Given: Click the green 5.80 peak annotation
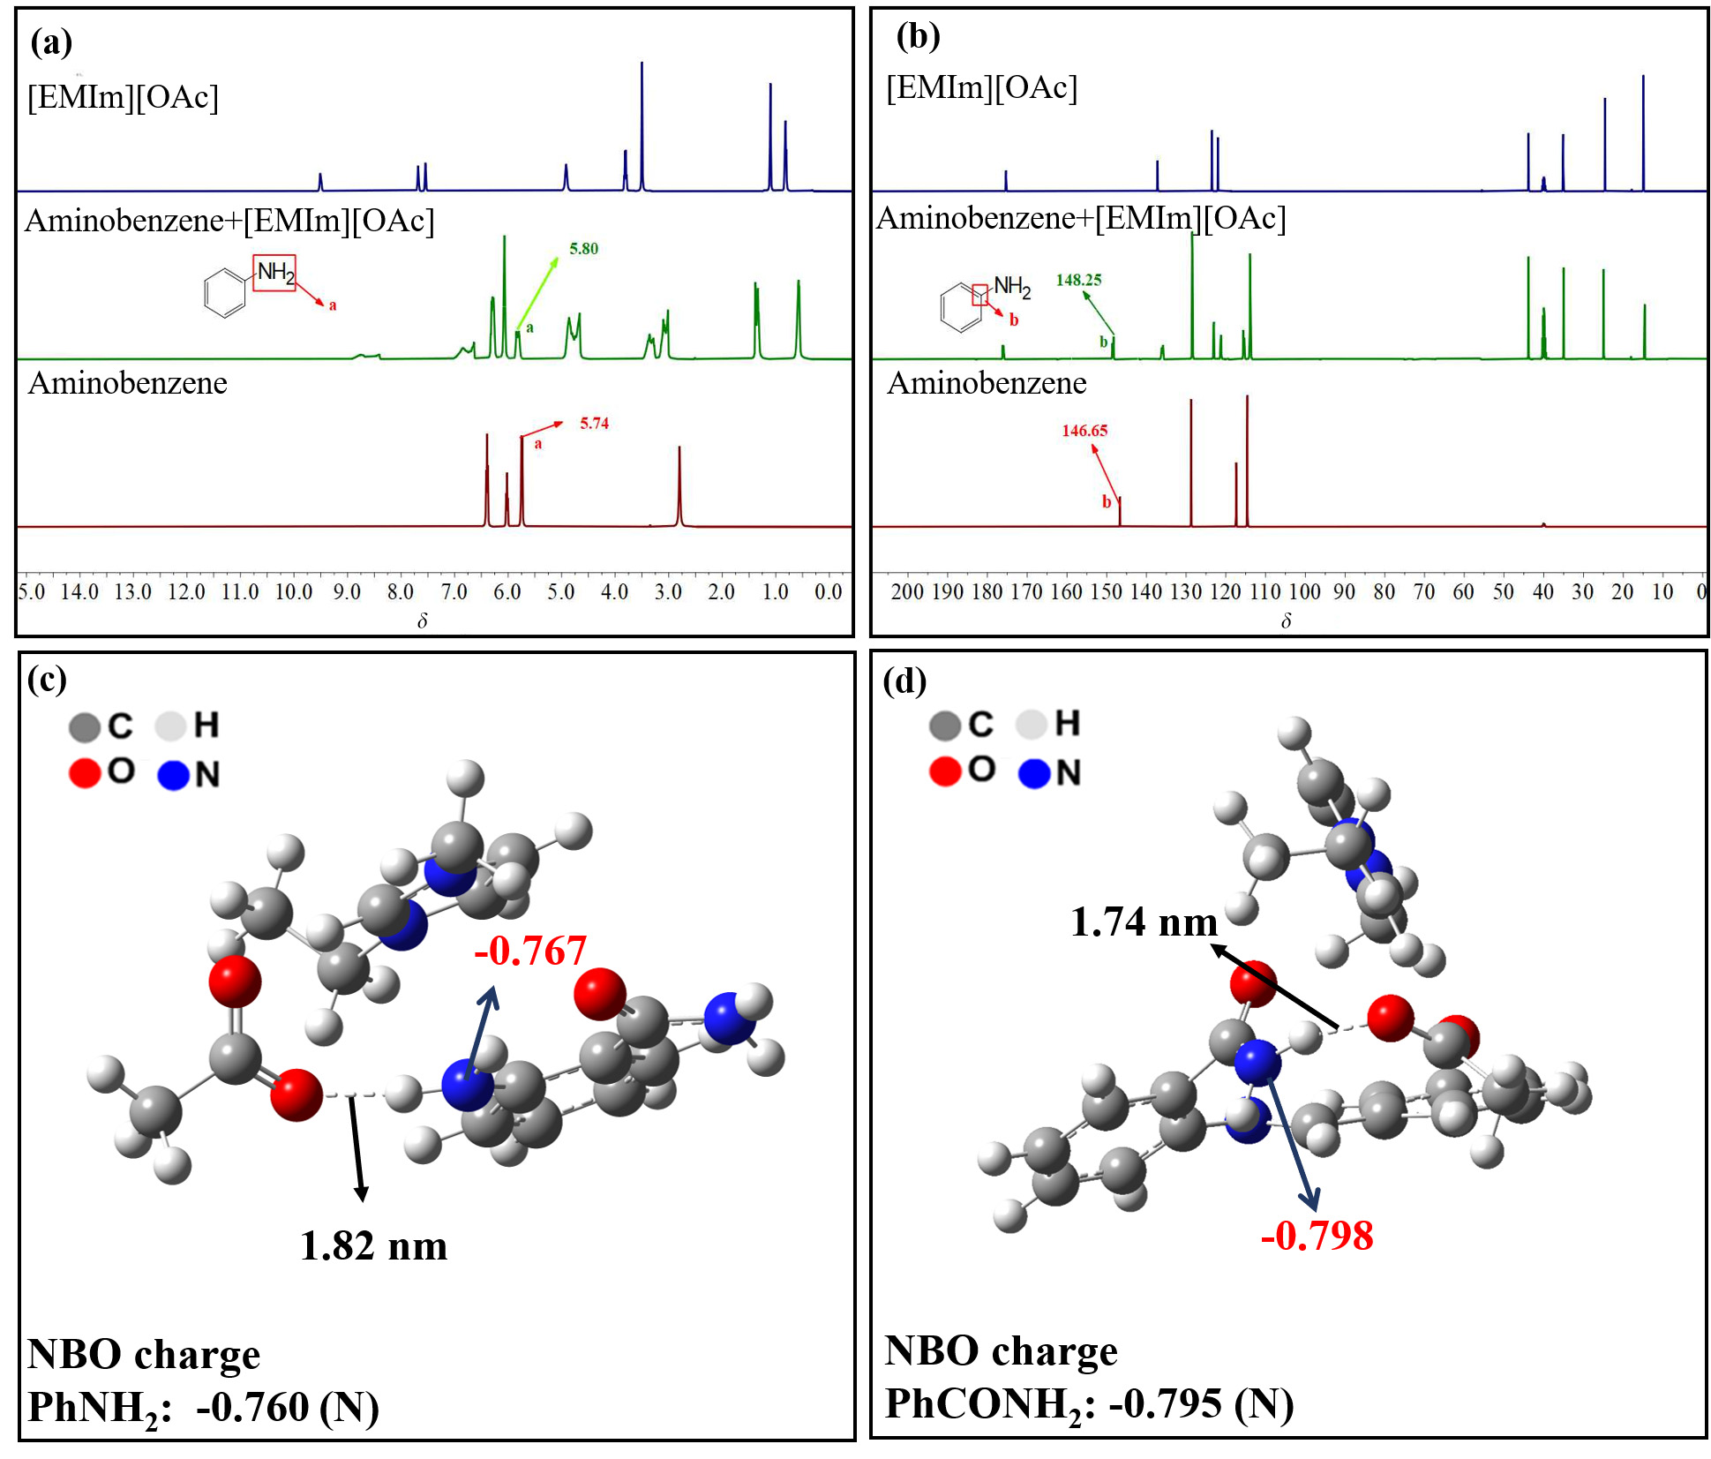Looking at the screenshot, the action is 583,249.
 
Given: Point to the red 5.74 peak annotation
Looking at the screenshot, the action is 594,424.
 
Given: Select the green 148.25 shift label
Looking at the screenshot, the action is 1078,280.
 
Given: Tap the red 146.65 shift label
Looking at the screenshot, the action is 1084,431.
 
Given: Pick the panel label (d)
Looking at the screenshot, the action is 904,681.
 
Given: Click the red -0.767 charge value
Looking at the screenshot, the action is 530,951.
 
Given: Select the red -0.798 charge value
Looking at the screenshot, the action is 1317,1235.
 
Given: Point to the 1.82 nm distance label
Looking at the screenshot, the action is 373,1245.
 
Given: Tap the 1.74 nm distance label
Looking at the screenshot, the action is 1144,921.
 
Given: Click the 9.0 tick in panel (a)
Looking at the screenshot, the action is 347,591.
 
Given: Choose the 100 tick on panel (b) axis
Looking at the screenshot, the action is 1304,591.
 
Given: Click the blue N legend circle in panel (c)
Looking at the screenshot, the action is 174,775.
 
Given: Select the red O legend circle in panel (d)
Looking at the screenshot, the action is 944,771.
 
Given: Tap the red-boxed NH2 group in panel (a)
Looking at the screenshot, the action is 274,273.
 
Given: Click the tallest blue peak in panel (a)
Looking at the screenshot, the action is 642,125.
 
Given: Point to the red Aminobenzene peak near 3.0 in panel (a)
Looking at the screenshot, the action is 679,486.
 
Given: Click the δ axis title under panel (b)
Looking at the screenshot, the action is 1286,620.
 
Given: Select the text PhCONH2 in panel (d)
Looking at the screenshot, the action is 984,1404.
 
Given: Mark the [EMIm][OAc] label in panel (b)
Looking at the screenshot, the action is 981,87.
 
